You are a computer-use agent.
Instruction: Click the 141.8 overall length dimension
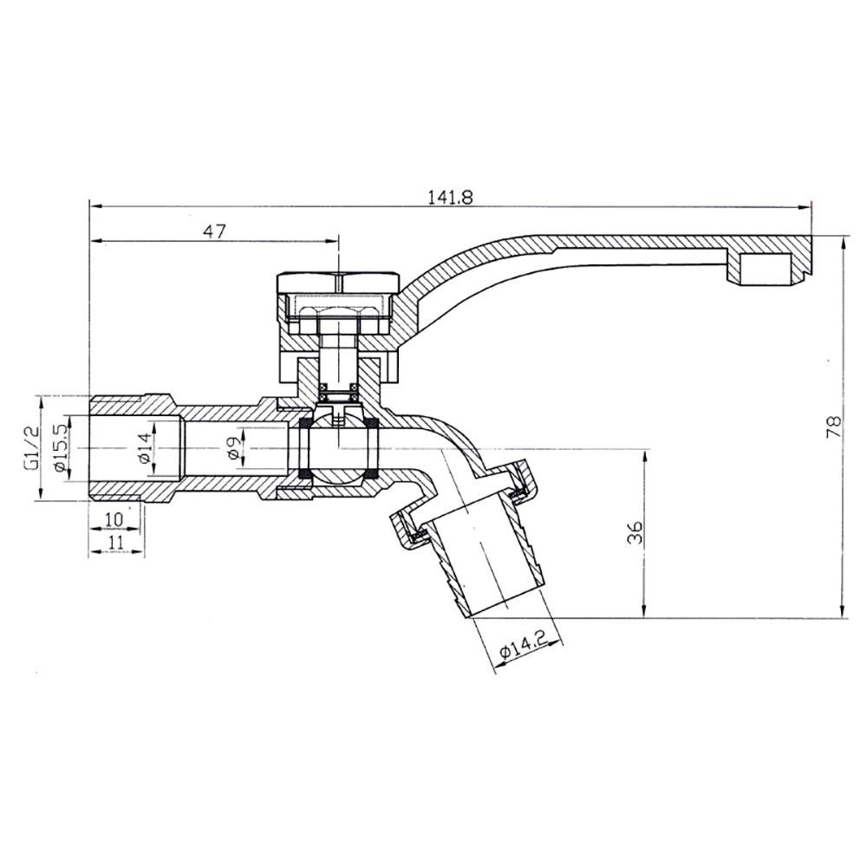(x=450, y=198)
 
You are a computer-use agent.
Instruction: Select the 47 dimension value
(x=214, y=231)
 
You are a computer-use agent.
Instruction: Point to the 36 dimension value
(x=636, y=532)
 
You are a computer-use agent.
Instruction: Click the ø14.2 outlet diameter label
(x=522, y=645)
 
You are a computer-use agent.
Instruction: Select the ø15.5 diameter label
(x=61, y=448)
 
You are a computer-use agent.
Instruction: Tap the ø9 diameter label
(x=234, y=447)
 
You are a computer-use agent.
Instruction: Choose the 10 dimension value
(x=114, y=519)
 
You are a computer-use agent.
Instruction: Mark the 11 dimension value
(x=115, y=542)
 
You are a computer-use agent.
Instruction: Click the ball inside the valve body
(x=337, y=448)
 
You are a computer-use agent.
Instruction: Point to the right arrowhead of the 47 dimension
(x=332, y=240)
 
